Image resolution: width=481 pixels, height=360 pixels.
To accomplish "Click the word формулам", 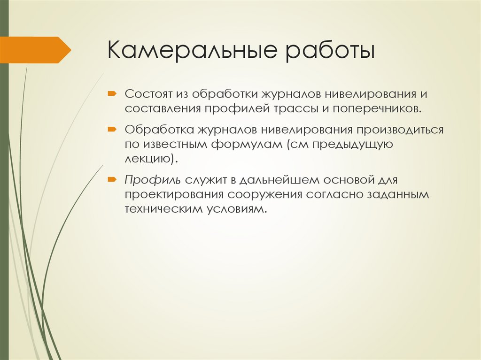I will [247, 145].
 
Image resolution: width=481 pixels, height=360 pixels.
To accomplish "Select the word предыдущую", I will [351, 145].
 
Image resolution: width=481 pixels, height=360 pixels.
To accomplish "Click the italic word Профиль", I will [153, 180].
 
